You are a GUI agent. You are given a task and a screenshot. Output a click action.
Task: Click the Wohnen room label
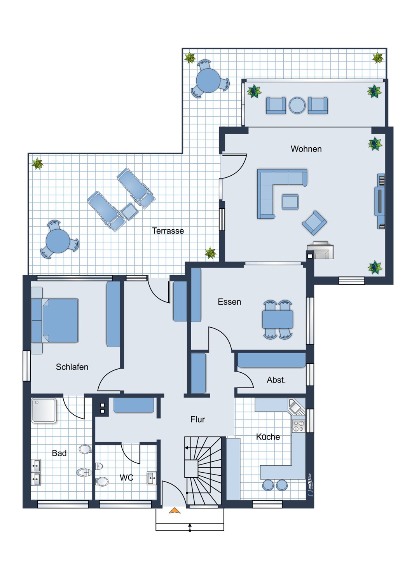306,149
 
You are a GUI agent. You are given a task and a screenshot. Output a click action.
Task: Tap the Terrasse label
168,230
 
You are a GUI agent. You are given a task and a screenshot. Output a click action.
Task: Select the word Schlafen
72,367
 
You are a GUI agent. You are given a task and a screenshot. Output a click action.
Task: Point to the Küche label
268,436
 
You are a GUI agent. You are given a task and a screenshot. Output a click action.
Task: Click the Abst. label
276,380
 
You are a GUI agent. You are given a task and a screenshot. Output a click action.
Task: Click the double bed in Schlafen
55,320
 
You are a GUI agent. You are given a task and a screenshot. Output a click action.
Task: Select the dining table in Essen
278,319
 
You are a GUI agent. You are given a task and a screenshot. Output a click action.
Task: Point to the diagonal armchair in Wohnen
314,223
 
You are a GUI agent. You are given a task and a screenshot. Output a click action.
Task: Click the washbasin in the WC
152,478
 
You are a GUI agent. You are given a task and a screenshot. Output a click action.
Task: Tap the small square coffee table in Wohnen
290,202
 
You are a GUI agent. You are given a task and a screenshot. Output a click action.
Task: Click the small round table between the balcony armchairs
297,105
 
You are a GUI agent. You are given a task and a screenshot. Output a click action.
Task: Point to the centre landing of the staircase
191,468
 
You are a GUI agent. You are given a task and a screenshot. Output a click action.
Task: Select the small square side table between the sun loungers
129,211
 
